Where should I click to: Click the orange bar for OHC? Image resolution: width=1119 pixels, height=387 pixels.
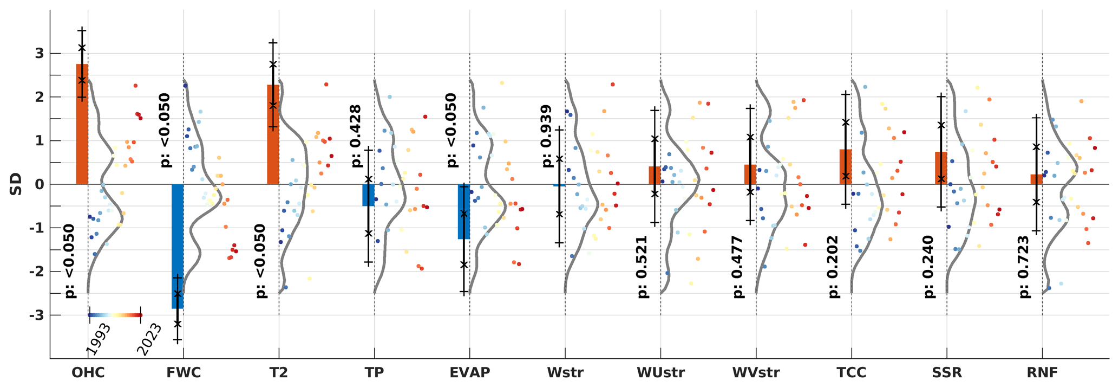click(82, 124)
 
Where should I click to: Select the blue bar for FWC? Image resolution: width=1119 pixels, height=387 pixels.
click(178, 246)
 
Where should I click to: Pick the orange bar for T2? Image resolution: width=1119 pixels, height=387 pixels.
click(273, 134)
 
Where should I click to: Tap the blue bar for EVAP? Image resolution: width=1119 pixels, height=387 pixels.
click(463, 211)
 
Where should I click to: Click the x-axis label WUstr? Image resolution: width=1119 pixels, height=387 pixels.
click(660, 373)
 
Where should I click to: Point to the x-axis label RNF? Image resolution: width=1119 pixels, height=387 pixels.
click(1042, 373)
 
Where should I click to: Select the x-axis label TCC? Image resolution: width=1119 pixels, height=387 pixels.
click(851, 373)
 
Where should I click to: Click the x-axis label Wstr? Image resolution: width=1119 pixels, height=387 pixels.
click(565, 373)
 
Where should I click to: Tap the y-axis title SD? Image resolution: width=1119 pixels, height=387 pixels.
click(16, 184)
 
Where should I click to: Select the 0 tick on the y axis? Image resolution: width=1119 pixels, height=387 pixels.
click(40, 184)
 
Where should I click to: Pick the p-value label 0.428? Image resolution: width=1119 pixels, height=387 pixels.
click(356, 136)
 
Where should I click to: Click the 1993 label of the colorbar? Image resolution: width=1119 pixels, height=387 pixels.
click(98, 339)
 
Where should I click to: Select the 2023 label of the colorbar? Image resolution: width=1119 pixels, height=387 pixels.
click(148, 339)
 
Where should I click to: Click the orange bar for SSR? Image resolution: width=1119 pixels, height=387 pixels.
click(941, 168)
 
